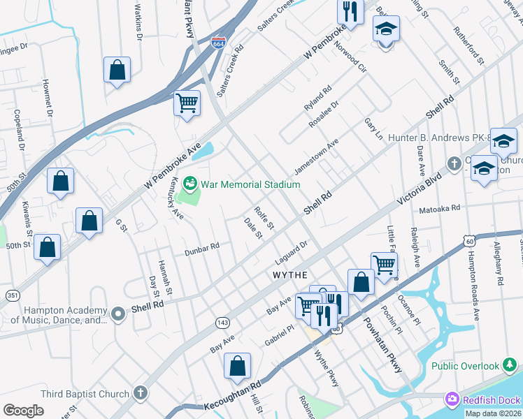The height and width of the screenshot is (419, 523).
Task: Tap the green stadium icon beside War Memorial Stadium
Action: (x=189, y=184)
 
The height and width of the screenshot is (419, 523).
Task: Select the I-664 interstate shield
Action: (x=219, y=43)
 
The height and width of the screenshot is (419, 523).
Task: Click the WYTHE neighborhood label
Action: (x=290, y=276)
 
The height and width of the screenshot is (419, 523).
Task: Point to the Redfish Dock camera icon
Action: (x=452, y=399)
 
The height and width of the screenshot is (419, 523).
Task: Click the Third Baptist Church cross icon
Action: (x=141, y=393)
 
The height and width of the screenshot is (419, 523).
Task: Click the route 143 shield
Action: (x=223, y=322)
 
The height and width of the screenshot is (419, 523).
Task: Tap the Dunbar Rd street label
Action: (x=201, y=246)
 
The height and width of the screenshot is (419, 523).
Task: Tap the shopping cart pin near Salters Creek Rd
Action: (x=187, y=103)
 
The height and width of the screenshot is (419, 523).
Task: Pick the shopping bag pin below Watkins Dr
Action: (x=117, y=70)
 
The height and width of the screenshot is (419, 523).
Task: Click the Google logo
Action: (x=23, y=411)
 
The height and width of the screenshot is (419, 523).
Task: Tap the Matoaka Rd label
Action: (x=439, y=208)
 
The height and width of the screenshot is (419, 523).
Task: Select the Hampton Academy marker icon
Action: (x=117, y=313)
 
